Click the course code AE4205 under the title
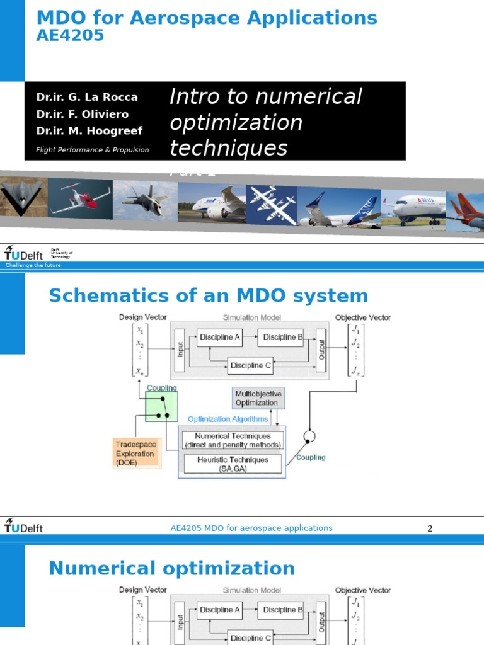tap(70, 36)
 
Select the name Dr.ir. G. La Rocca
tap(87, 97)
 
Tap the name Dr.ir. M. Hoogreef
tap(89, 131)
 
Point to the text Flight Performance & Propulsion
tap(93, 150)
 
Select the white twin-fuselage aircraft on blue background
tap(271, 204)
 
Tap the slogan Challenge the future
tap(33, 265)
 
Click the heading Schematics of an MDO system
tap(208, 295)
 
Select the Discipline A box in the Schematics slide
tap(219, 338)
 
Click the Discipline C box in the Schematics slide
tap(250, 365)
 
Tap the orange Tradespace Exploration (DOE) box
tap(137, 454)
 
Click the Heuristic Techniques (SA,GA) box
tap(233, 464)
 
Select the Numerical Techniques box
tap(233, 440)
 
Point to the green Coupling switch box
tap(161, 407)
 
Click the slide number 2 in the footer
tap(430, 528)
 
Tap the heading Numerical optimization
tap(171, 569)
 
